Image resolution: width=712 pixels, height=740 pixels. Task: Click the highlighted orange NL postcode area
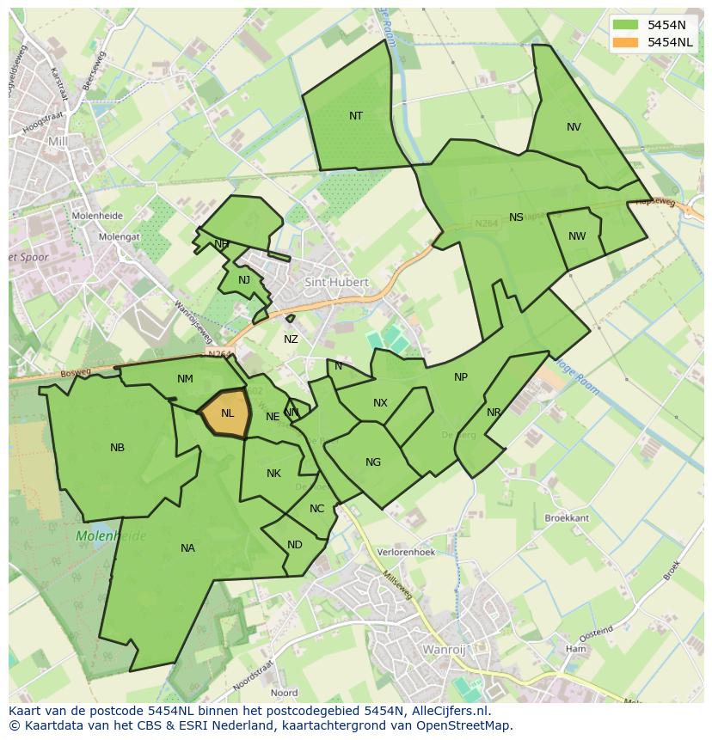click(225, 413)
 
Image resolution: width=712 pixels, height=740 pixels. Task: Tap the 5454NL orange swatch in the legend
click(627, 42)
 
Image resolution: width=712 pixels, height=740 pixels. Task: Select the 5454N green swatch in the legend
click(627, 25)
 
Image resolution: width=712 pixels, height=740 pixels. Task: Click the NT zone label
click(356, 116)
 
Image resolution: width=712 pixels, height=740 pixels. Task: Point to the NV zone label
click(574, 127)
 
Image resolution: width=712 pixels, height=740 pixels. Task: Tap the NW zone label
click(577, 236)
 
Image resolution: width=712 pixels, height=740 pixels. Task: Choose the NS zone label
click(516, 217)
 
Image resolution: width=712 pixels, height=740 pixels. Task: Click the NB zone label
click(118, 448)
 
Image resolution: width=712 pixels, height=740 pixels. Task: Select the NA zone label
click(187, 548)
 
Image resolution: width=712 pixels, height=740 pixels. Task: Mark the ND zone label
click(295, 545)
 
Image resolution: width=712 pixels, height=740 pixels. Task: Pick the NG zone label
click(372, 462)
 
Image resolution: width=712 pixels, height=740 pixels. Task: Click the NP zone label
click(461, 377)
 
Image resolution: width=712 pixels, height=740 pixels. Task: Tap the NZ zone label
click(291, 339)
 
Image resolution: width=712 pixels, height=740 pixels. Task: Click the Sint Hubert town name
click(336, 282)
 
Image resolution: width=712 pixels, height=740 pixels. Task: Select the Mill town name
click(58, 141)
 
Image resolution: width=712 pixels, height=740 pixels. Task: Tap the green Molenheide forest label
click(111, 536)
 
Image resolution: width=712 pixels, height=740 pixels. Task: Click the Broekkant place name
click(567, 518)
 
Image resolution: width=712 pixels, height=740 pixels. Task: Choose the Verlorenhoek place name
click(407, 553)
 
